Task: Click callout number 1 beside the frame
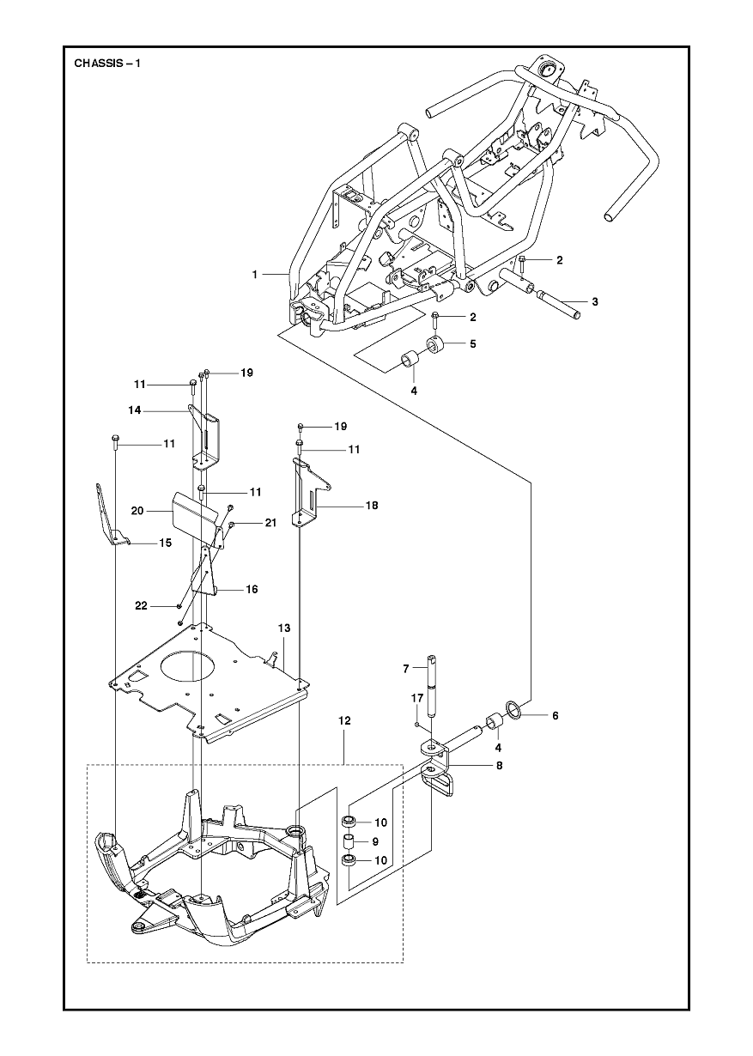tap(255, 274)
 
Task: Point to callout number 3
tap(593, 301)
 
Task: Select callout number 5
tap(472, 343)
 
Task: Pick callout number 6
tap(554, 714)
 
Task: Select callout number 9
tap(373, 841)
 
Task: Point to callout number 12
tap(344, 721)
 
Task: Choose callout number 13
tap(283, 628)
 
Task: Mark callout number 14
tap(134, 411)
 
